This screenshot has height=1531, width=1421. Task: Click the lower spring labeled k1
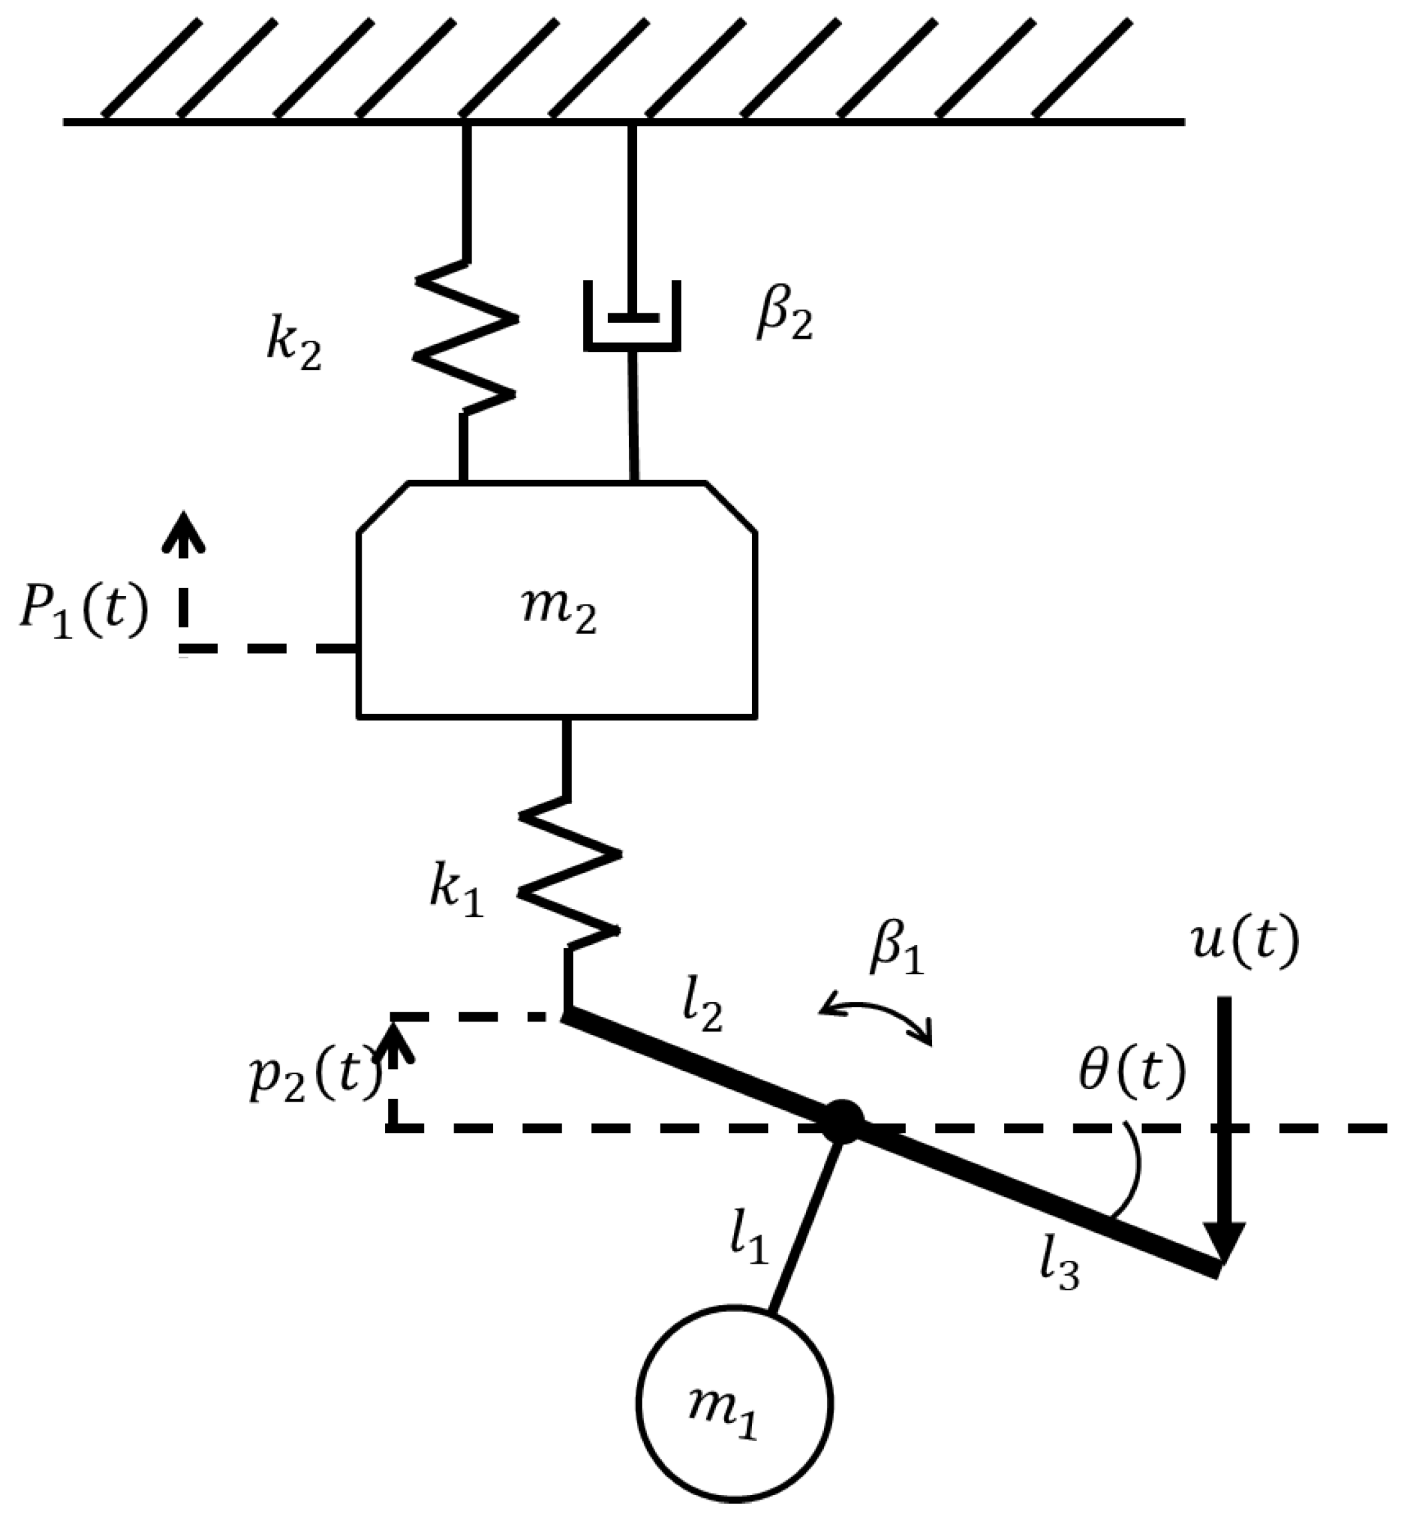point(568,872)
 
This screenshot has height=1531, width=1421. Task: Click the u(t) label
point(1244,942)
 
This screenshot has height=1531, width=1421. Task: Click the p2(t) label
point(314,1076)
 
